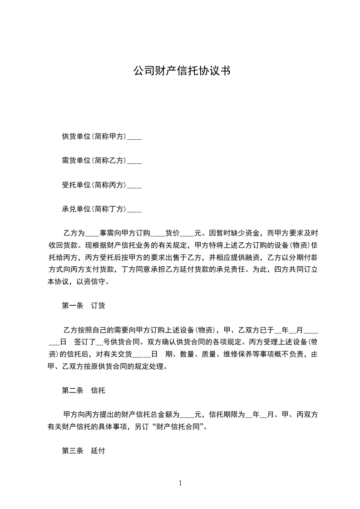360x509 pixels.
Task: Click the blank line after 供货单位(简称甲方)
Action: point(134,137)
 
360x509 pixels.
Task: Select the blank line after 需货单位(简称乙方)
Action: point(134,161)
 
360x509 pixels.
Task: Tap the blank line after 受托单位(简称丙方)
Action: point(134,185)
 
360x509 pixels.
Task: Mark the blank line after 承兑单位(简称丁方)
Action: point(134,210)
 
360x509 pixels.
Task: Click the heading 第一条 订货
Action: point(84,306)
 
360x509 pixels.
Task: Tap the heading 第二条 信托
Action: point(84,390)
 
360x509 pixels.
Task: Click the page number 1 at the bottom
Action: point(180,484)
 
